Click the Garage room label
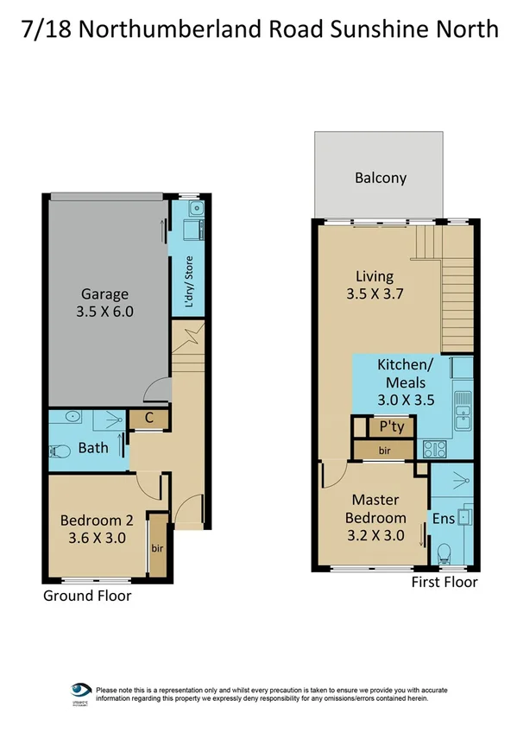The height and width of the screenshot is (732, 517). tap(105, 293)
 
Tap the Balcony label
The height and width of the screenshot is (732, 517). tap(380, 179)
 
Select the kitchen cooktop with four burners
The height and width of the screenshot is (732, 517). tap(432, 449)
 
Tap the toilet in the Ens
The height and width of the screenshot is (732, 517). tap(444, 552)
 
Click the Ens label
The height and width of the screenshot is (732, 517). tap(442, 518)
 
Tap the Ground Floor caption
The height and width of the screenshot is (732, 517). tap(87, 596)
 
